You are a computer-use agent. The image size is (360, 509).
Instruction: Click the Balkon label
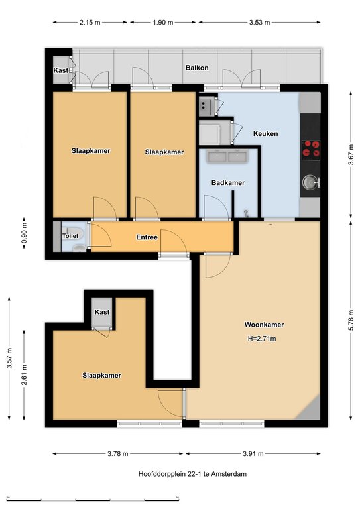pyautogui.click(x=197, y=68)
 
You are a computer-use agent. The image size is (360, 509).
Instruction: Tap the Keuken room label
pyautogui.click(x=265, y=133)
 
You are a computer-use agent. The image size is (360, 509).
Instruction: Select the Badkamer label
pyautogui.click(x=228, y=183)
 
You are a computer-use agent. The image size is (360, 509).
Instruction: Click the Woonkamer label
pyautogui.click(x=264, y=325)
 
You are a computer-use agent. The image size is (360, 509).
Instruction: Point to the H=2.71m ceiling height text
pyautogui.click(x=262, y=339)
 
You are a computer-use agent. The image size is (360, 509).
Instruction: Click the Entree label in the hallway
pyautogui.click(x=147, y=237)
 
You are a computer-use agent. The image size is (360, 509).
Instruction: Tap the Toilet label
pyautogui.click(x=70, y=236)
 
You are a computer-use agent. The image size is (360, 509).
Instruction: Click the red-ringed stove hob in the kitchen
pyautogui.click(x=311, y=149)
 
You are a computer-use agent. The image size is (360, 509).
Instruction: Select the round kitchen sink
pyautogui.click(x=310, y=182)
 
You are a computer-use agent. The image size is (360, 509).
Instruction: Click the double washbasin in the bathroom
pyautogui.click(x=228, y=156)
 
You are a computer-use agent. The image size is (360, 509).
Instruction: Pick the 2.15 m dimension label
pyautogui.click(x=90, y=23)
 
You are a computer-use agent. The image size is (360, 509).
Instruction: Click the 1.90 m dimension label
pyautogui.click(x=162, y=23)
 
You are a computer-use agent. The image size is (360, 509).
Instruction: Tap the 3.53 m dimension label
pyautogui.click(x=259, y=23)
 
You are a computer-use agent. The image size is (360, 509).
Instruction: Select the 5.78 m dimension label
pyautogui.click(x=351, y=320)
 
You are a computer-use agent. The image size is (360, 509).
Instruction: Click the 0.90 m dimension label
pyautogui.click(x=24, y=235)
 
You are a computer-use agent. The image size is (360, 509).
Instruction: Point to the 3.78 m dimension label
pyautogui.click(x=118, y=453)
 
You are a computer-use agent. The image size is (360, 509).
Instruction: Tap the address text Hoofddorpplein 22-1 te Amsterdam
pyautogui.click(x=192, y=474)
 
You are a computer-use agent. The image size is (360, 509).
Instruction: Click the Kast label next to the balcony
pyautogui.click(x=61, y=70)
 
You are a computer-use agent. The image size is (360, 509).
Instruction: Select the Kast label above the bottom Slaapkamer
pyautogui.click(x=102, y=312)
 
